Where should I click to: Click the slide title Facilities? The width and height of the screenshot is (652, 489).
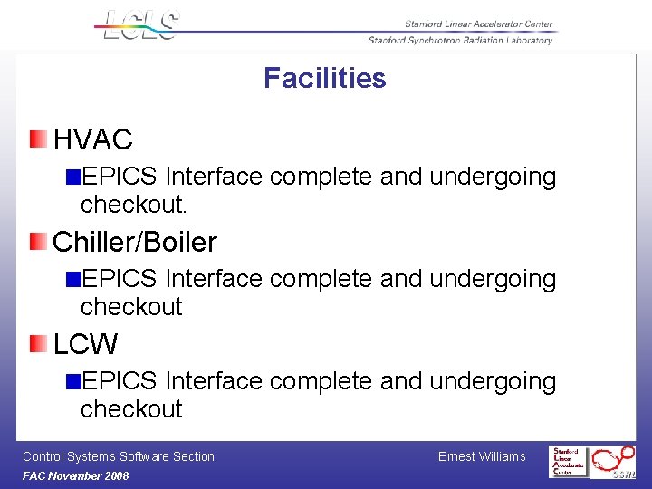(324, 79)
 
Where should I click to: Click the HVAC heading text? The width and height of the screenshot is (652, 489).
(92, 139)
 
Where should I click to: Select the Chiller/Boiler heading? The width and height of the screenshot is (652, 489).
(135, 242)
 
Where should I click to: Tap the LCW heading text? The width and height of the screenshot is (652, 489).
(85, 344)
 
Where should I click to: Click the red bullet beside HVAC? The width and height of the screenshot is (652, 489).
(37, 139)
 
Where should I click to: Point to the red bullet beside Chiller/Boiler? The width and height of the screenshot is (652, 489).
(37, 241)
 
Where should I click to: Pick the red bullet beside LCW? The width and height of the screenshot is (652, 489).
(37, 343)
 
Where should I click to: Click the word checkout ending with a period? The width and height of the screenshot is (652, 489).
(133, 205)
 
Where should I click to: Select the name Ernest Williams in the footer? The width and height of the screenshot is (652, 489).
(481, 456)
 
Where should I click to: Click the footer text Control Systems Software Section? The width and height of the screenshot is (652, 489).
(118, 456)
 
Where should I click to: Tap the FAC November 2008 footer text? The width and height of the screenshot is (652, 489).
(75, 476)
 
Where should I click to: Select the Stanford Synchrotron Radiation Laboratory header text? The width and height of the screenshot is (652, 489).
(460, 40)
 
